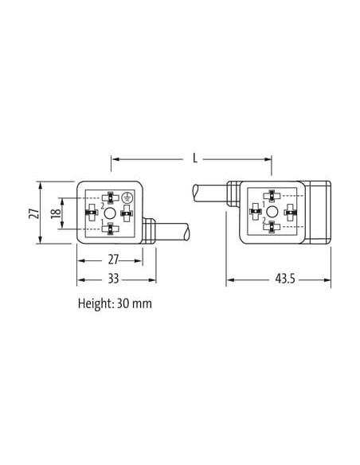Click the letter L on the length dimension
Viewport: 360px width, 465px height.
pyautogui.click(x=194, y=158)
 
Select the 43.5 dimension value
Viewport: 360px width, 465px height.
pyautogui.click(x=285, y=279)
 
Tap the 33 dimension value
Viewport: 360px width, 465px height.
pyautogui.click(x=113, y=279)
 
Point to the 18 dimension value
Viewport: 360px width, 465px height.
pyautogui.click(x=56, y=213)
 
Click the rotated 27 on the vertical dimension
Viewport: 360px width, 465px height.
pyautogui.click(x=33, y=213)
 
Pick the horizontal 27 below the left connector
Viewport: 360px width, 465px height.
pyautogui.click(x=113, y=260)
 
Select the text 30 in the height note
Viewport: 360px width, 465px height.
pyautogui.click(x=122, y=303)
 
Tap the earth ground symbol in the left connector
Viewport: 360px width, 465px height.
pyautogui.click(x=127, y=197)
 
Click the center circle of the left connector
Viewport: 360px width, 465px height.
pyautogui.click(x=110, y=213)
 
